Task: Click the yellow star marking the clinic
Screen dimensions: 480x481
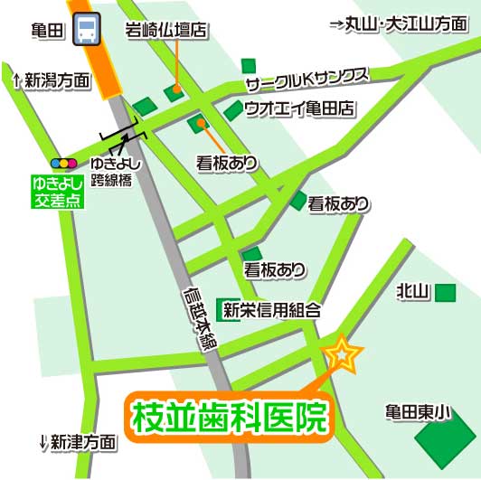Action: (x=343, y=353)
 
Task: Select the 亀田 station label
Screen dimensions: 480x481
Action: (x=45, y=30)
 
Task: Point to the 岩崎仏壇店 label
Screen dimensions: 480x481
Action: (x=167, y=31)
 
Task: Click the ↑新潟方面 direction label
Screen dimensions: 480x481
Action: (x=52, y=81)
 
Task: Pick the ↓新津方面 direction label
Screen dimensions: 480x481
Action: (x=79, y=443)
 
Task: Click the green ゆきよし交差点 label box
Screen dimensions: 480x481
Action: (x=57, y=192)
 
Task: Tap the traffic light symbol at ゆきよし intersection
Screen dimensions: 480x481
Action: (x=63, y=164)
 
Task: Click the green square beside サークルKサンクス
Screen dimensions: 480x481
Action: (x=249, y=65)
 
